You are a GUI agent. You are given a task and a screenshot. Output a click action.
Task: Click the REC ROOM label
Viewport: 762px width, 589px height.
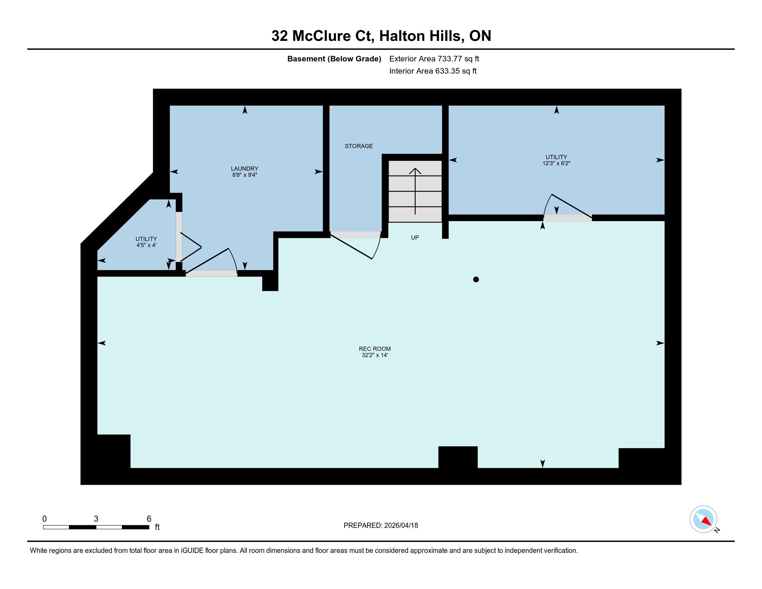(375, 349)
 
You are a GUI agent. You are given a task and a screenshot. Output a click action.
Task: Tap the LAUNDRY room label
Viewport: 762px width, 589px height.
(244, 168)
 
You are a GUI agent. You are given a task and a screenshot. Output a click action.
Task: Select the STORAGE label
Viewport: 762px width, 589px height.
(359, 146)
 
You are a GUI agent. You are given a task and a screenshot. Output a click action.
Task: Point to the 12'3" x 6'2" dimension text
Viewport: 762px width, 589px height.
(556, 163)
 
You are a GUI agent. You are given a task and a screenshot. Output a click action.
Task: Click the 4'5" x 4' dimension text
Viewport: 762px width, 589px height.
(146, 245)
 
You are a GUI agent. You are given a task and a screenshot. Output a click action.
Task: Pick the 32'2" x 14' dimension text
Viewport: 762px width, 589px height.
(375, 355)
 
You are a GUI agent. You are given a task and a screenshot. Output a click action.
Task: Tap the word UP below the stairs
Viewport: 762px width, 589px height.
(415, 238)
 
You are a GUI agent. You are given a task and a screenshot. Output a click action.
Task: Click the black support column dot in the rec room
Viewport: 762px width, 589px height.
(476, 279)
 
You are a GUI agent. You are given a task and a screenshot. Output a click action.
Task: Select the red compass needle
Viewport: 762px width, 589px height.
(707, 521)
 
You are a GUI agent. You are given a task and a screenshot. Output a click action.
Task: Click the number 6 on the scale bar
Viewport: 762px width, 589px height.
(149, 519)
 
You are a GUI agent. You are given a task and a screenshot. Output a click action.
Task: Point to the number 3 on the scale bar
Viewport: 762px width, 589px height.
(96, 519)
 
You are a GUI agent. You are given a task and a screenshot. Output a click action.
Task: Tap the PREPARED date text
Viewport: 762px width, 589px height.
(381, 526)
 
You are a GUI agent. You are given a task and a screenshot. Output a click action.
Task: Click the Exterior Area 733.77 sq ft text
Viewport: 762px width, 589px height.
(434, 59)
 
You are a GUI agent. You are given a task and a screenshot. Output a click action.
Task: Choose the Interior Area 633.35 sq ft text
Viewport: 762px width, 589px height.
(433, 71)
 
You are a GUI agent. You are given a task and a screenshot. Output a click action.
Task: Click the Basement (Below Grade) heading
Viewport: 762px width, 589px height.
(334, 59)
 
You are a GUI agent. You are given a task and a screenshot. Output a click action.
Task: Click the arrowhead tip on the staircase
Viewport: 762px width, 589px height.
(415, 168)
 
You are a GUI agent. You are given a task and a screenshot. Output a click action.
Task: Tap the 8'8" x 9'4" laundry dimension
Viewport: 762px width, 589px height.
(244, 175)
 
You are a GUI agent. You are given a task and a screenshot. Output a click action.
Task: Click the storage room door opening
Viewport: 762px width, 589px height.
(355, 235)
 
